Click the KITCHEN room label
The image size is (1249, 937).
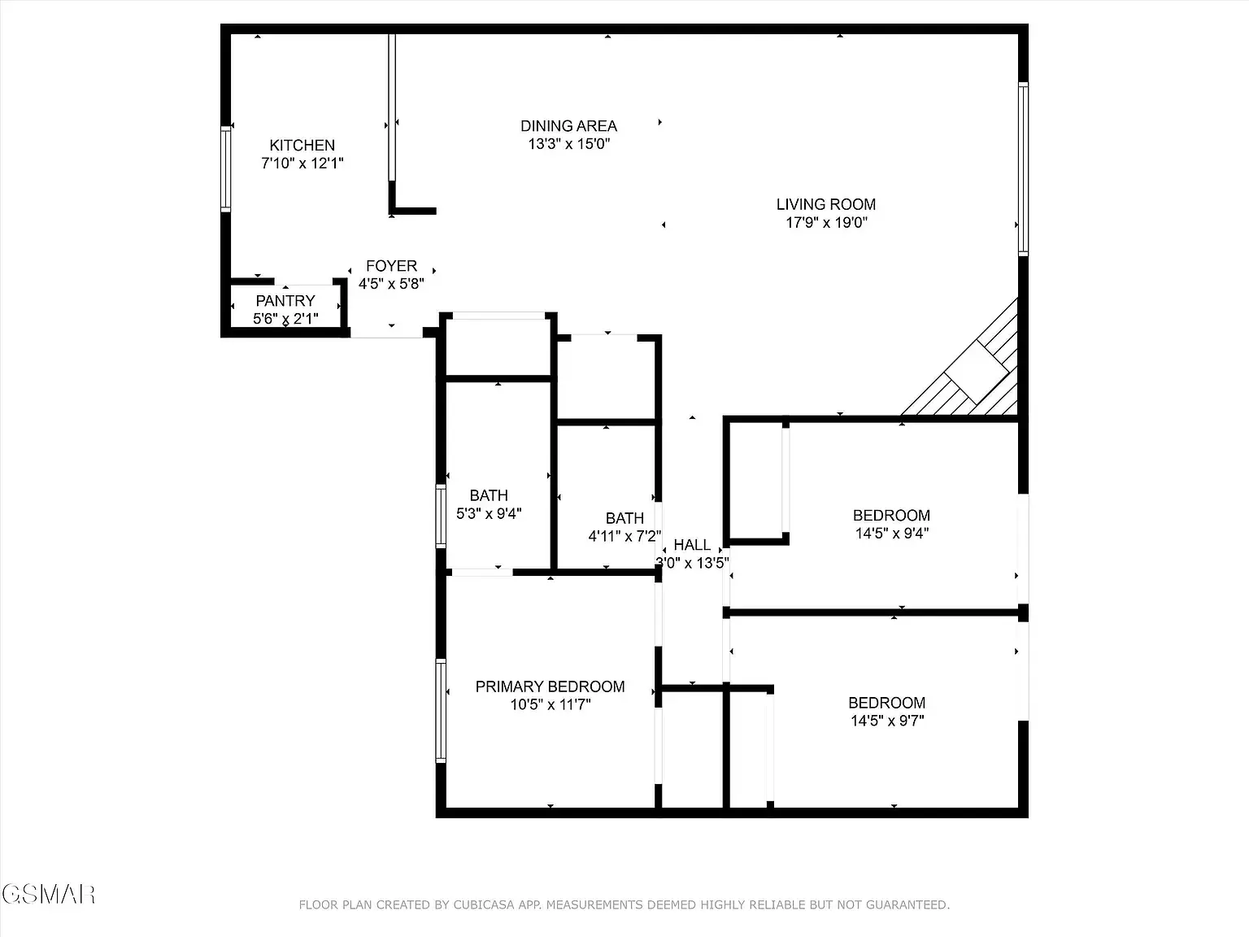(x=302, y=146)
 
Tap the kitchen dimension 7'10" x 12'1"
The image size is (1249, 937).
(x=302, y=163)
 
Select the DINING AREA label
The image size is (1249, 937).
(x=568, y=126)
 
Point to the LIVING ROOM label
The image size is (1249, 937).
(x=825, y=205)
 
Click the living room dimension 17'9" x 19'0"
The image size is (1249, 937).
(x=825, y=223)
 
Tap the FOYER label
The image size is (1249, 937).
(x=391, y=266)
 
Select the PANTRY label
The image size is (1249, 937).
(x=285, y=301)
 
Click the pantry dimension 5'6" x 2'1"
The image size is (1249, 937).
(x=285, y=319)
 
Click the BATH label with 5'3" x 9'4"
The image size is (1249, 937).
(x=489, y=495)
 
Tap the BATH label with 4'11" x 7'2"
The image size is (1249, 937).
(x=624, y=518)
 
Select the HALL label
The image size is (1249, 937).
(x=692, y=545)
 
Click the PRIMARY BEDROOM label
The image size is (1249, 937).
(x=550, y=686)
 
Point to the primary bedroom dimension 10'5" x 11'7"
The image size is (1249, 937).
(x=550, y=704)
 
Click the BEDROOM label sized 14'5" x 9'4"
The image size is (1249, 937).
(x=891, y=516)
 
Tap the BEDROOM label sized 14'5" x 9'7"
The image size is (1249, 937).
(x=886, y=703)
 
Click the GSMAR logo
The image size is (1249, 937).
(x=49, y=894)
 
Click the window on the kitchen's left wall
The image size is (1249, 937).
(x=225, y=169)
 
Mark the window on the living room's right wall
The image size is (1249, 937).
(x=1023, y=168)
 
